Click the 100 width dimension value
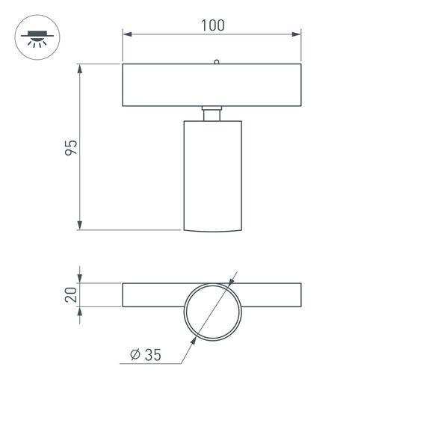pyautogui.click(x=213, y=25)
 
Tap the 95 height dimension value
pyautogui.click(x=71, y=147)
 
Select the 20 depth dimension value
pyautogui.click(x=71, y=294)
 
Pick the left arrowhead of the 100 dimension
pyautogui.click(x=127, y=34)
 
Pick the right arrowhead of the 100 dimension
pyautogui.click(x=297, y=34)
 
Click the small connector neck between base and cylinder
pyautogui.click(x=213, y=113)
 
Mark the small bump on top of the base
pyautogui.click(x=215, y=62)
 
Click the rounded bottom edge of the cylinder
pyautogui.click(x=213, y=230)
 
